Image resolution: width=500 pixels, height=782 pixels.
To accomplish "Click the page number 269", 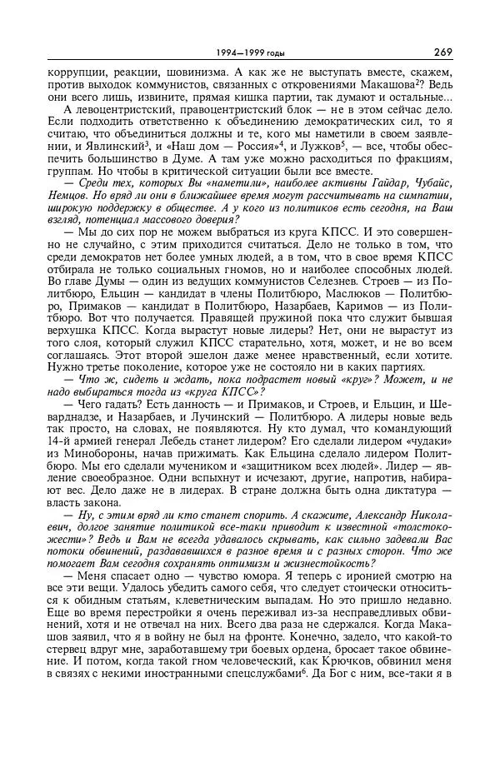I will [442, 52].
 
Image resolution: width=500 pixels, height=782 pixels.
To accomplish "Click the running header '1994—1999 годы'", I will [249, 53].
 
